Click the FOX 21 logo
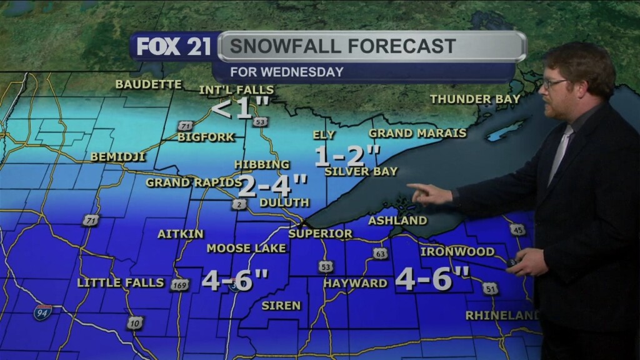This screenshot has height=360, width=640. coord(174,47)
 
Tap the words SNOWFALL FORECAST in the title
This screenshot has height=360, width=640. coord(341,46)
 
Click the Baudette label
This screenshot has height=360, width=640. coord(149,84)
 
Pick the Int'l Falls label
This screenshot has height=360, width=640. coord(236,90)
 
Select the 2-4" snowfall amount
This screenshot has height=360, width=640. coord(273,186)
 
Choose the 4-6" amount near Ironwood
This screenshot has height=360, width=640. coord(432,279)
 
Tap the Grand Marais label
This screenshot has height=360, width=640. coord(417,133)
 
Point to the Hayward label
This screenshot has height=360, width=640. coord(355,283)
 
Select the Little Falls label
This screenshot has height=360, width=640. coord(121,283)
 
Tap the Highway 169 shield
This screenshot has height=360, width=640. coord(179,285)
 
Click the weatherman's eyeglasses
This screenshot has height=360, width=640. coord(554,82)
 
